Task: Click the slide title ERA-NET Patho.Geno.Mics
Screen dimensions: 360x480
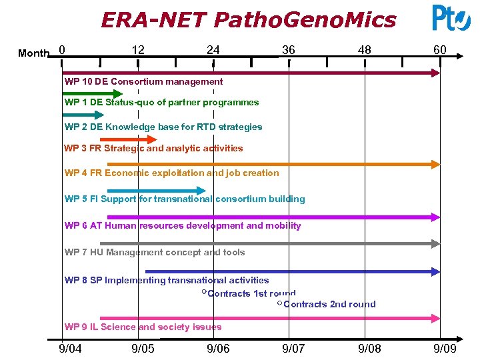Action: tap(248, 19)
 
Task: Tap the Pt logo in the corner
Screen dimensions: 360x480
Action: tap(451, 18)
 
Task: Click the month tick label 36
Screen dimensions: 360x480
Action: tap(288, 51)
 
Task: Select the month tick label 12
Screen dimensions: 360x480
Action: tap(138, 51)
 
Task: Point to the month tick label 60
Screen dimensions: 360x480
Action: tap(440, 51)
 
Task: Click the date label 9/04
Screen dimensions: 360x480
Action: tap(71, 349)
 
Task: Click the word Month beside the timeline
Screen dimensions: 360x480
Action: tap(33, 53)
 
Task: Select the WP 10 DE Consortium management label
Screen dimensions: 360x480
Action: tap(143, 81)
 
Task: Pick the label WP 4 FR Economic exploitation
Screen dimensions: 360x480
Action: tap(171, 173)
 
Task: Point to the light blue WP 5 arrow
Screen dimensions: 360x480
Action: tap(156, 191)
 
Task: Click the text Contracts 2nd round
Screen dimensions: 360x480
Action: tap(329, 304)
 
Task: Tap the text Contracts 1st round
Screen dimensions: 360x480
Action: tap(251, 293)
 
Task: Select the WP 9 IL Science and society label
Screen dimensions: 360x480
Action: tap(143, 327)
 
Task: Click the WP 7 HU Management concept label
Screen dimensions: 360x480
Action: tap(155, 252)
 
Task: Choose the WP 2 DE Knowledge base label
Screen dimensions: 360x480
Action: tap(163, 127)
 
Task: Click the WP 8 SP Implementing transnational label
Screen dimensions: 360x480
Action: tap(167, 280)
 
